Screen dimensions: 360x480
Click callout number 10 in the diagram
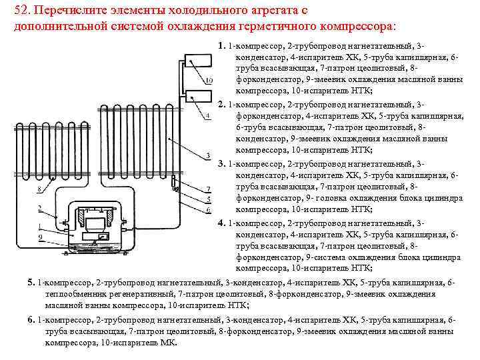click(209, 81)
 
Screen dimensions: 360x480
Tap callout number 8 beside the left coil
click(39, 189)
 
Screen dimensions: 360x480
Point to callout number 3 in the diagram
click(209, 156)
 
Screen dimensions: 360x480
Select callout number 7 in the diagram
click(209, 189)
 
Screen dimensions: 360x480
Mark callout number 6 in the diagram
click(209, 211)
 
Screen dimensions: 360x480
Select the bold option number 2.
click(221, 105)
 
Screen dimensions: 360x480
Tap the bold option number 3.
click(221, 163)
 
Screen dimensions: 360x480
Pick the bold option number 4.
click(221, 223)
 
